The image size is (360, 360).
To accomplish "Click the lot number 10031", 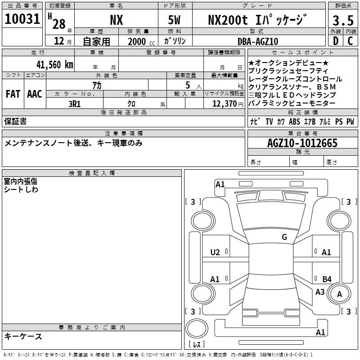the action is coord(22,19).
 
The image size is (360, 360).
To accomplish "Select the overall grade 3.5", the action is coord(343,20).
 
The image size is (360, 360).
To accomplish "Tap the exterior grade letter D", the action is coord(336,41).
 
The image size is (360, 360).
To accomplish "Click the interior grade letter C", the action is coord(350,41).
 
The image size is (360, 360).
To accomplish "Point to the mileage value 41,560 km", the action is coord(55,64).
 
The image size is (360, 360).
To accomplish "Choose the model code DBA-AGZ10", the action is coord(258,41).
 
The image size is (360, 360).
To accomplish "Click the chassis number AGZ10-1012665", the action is coord(302,143).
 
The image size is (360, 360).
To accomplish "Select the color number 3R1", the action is coord(75,104).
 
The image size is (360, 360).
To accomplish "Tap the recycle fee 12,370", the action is coord(225,104).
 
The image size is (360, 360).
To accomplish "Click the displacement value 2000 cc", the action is coord(141,41).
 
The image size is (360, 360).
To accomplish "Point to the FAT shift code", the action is coord(13,94).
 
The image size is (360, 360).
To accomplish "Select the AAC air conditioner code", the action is coord(35,94).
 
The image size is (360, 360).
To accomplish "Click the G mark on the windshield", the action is coord(284,237).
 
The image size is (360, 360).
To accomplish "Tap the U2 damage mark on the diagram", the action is coord(215,252).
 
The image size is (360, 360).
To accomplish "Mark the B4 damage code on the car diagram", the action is coord(327,279).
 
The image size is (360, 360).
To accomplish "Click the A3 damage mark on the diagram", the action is coord(320,292).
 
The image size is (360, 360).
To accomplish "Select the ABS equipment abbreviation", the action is coord(294,121).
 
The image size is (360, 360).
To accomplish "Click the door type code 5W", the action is coord(174,20).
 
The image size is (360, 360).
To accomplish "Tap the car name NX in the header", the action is coord(117,20).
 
